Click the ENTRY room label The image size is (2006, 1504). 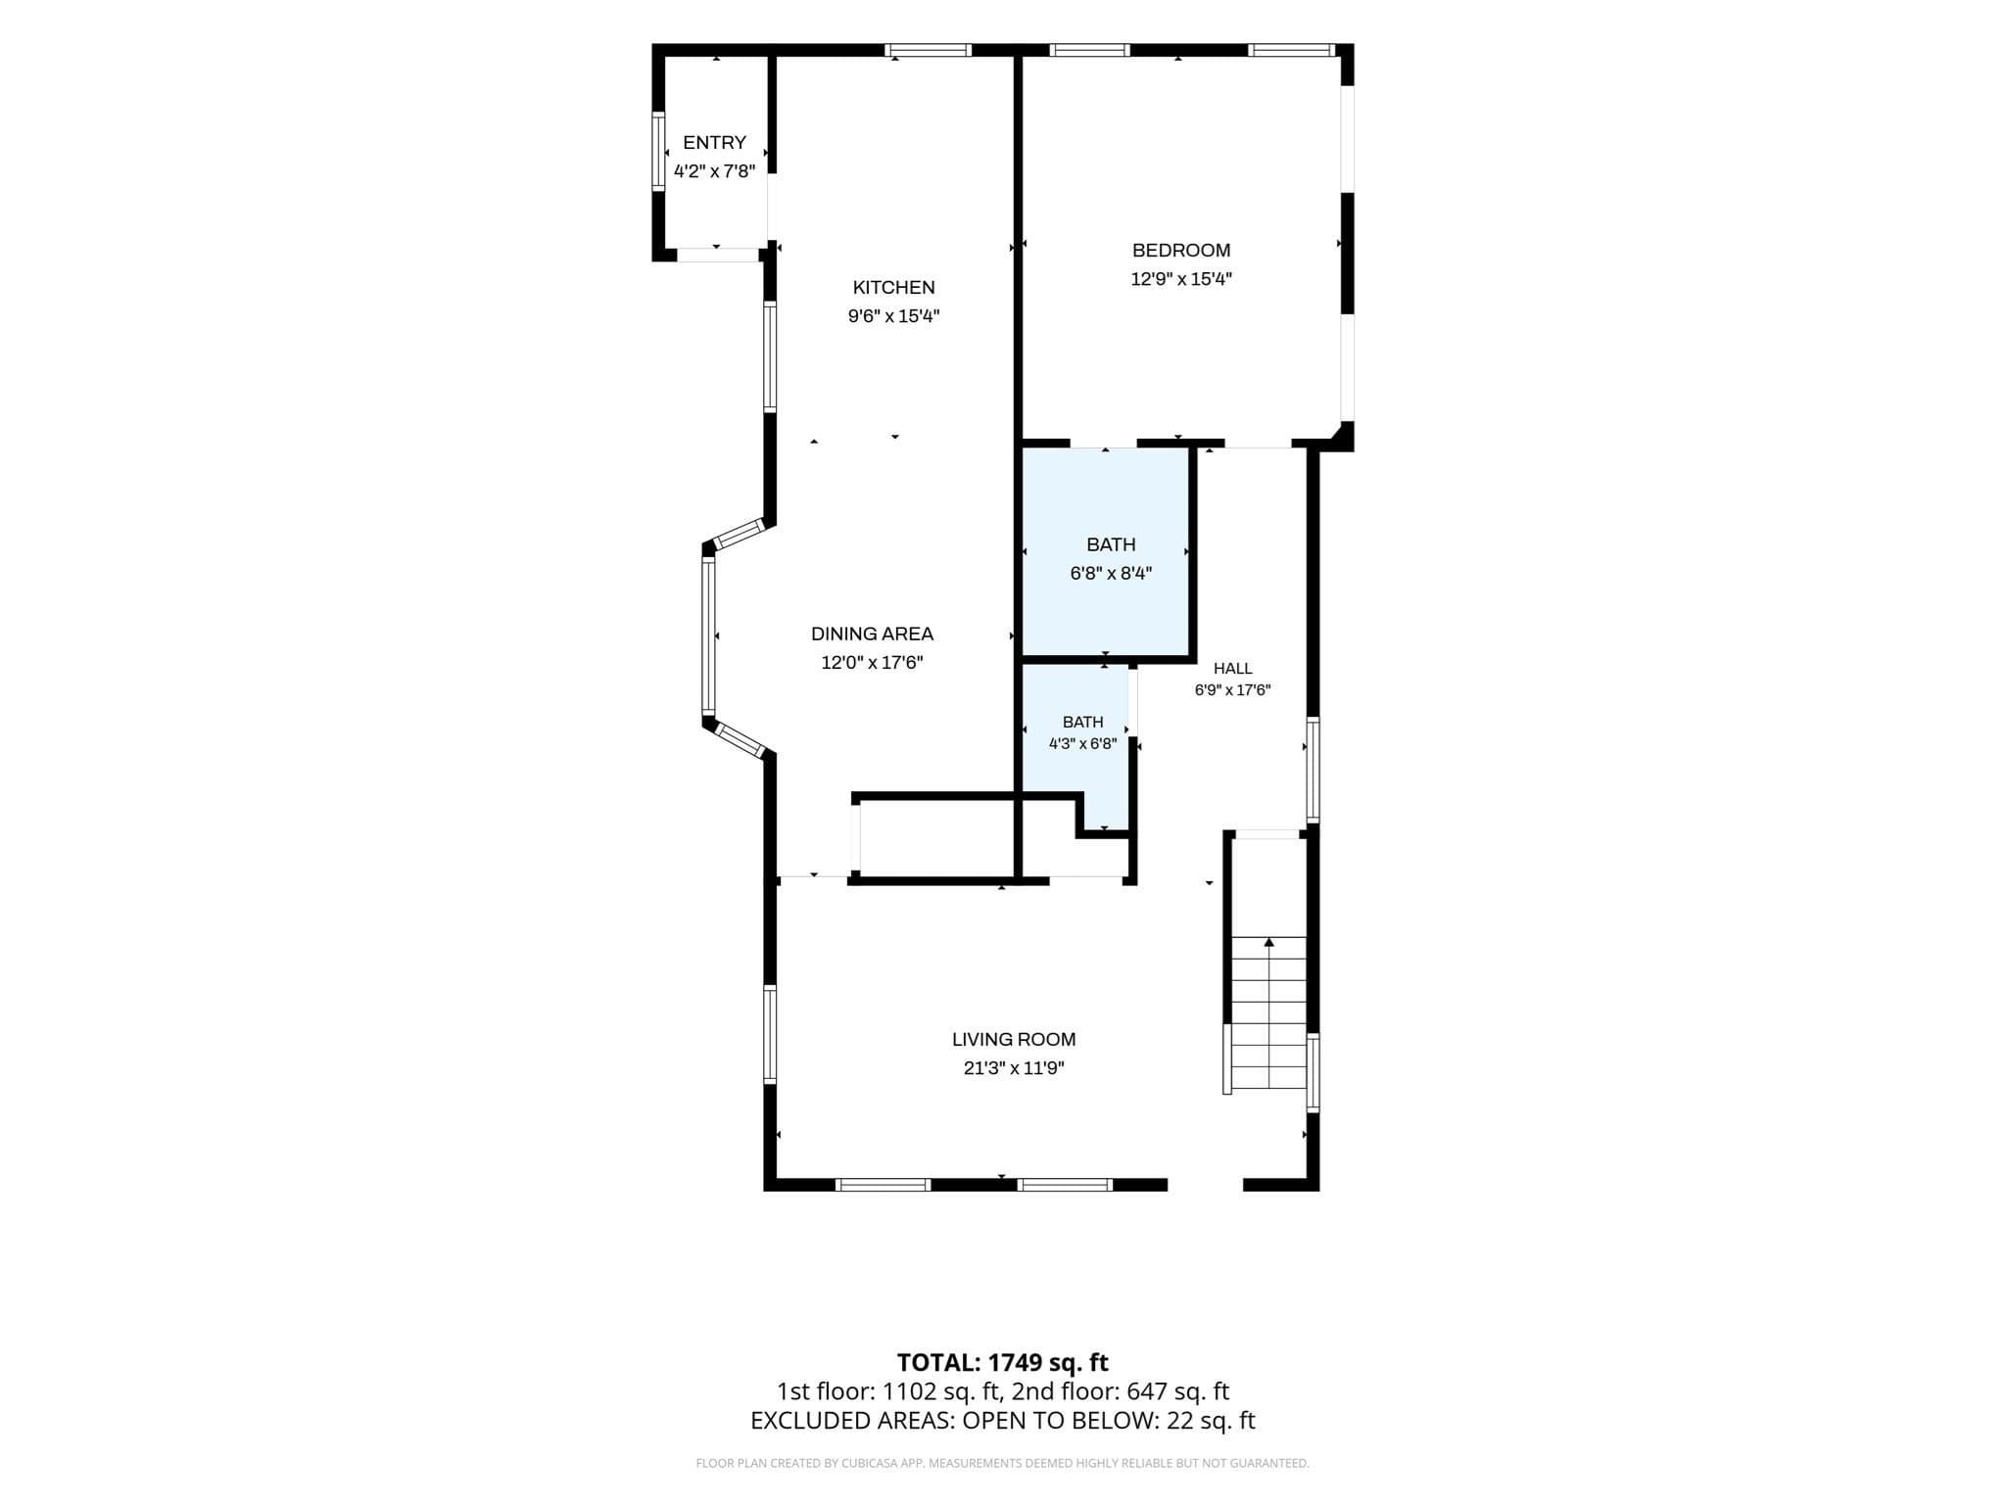point(714,143)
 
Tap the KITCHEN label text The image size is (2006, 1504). point(893,288)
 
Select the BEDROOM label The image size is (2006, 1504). point(1181,251)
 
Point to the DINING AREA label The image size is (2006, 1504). point(872,634)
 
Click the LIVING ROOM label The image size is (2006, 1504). point(1014,1040)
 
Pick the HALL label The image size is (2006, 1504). point(1232,669)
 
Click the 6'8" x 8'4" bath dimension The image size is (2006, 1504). point(1111,574)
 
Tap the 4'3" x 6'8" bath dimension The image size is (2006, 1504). point(1082,744)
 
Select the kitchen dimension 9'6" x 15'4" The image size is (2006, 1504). point(893,316)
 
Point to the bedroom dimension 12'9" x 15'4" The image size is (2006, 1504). point(1181,279)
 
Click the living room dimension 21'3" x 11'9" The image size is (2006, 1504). point(1014,1068)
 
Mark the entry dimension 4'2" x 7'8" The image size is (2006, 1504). point(714,171)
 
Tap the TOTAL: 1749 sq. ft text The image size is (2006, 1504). point(1003,1362)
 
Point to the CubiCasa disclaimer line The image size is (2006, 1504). point(1003,1464)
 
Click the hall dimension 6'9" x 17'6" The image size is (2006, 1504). point(1232,690)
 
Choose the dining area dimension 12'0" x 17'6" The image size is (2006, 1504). point(872,663)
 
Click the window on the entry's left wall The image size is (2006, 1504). point(658,152)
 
